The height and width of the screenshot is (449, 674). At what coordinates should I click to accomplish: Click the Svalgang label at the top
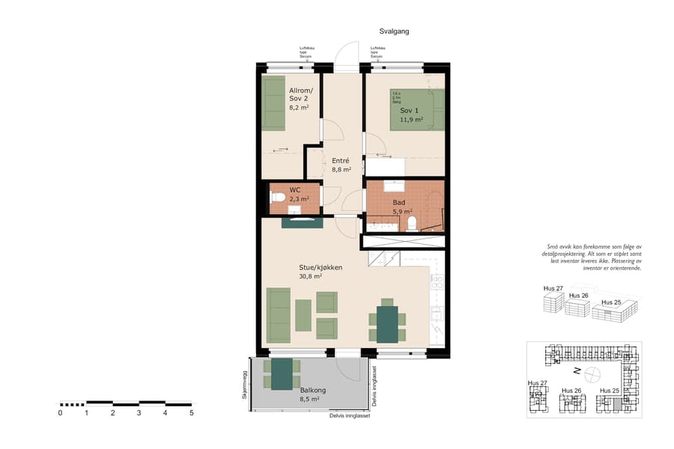(394, 31)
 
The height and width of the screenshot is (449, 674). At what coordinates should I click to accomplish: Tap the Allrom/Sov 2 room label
(300, 94)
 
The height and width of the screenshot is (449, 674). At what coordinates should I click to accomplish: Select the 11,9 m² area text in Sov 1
(411, 119)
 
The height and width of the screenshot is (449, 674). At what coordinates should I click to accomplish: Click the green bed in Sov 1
(416, 110)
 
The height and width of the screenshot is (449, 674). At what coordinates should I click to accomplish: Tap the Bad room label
(399, 203)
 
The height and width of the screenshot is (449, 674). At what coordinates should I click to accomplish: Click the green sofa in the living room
(279, 314)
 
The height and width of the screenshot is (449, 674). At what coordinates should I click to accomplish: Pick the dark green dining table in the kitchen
(387, 323)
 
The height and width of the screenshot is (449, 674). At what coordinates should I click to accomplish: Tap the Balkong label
(312, 391)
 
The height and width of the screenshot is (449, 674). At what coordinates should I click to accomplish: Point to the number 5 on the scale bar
(191, 412)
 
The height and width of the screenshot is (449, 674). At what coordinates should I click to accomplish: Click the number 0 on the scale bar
(60, 412)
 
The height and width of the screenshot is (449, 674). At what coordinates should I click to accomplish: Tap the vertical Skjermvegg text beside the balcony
(244, 387)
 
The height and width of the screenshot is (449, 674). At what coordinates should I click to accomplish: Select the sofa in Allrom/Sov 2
(273, 103)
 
